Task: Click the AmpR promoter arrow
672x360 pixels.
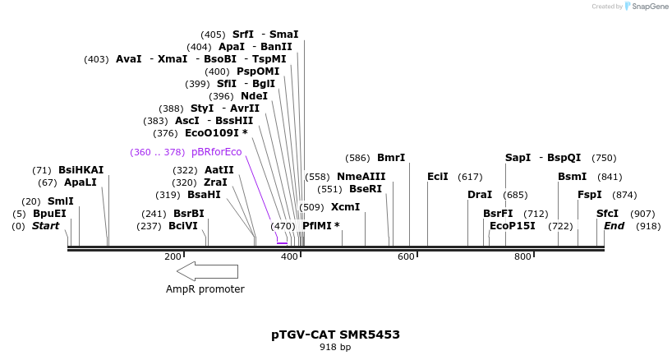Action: [207, 271]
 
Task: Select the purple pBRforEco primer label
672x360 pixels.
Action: [216, 152]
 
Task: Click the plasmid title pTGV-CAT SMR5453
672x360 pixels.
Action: [336, 335]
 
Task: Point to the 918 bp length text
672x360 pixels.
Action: [335, 348]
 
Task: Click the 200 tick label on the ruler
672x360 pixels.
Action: [173, 257]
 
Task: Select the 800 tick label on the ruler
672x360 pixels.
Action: [522, 257]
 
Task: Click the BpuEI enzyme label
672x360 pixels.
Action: [49, 214]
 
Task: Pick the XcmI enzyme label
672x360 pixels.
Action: [345, 207]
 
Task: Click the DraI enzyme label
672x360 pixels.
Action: [480, 195]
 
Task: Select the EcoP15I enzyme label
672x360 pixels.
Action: [512, 225]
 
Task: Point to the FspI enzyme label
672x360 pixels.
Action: [590, 195]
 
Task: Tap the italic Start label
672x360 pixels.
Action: [45, 225]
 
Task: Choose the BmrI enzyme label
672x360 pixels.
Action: [391, 158]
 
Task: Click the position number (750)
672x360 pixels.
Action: [604, 158]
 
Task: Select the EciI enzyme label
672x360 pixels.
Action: [438, 177]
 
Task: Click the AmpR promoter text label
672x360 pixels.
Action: [205, 289]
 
